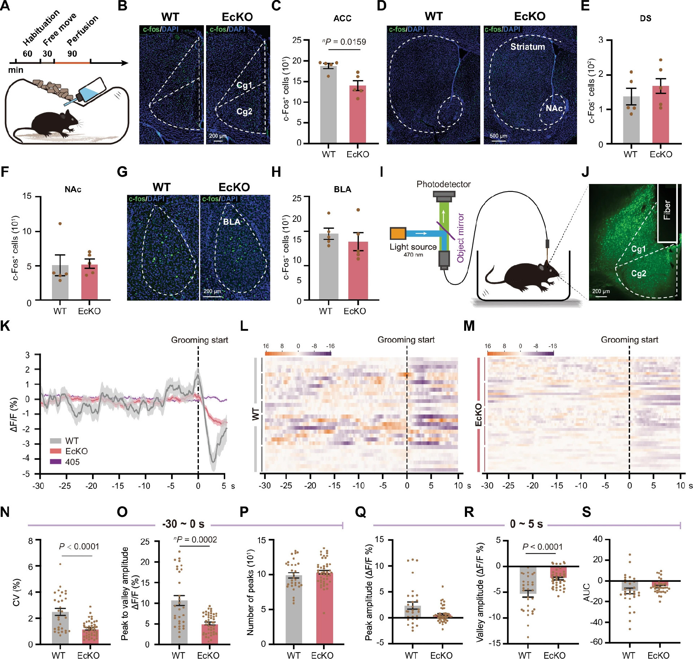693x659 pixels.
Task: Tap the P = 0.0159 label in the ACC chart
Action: [x=344, y=42]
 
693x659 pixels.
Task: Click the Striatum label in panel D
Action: [x=527, y=47]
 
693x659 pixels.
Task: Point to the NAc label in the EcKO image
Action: [x=553, y=108]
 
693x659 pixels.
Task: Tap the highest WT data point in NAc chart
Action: [x=60, y=224]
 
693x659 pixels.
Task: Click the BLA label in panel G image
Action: [x=231, y=222]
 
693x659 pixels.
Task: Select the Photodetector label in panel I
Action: [x=444, y=184]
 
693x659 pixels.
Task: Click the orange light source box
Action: [x=398, y=233]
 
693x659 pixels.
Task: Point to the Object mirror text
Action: [x=461, y=238]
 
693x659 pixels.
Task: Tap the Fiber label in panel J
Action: [x=667, y=210]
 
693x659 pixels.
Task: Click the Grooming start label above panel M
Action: [x=629, y=340]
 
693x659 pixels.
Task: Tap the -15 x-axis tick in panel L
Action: [x=334, y=486]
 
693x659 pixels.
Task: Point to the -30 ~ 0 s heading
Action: [x=183, y=524]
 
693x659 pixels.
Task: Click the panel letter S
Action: [x=587, y=512]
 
